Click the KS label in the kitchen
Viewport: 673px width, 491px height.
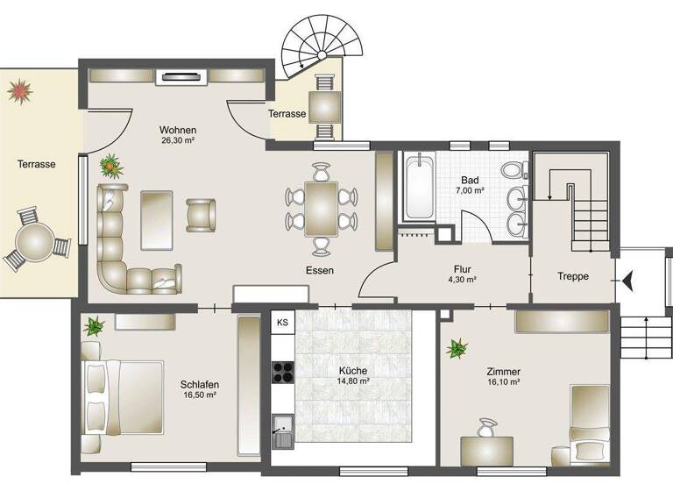[282, 323]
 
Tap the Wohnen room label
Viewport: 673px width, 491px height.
[177, 130]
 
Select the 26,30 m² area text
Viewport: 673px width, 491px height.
[177, 140]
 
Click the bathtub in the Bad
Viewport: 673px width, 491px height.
[418, 186]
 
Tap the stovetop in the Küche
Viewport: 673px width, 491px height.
[283, 373]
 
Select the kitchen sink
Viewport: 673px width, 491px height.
[281, 430]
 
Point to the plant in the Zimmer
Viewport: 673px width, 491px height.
[457, 349]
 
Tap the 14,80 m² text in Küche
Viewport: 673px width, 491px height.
[353, 381]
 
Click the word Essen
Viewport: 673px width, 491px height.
[320, 271]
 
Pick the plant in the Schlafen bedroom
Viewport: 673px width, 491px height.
[93, 327]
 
